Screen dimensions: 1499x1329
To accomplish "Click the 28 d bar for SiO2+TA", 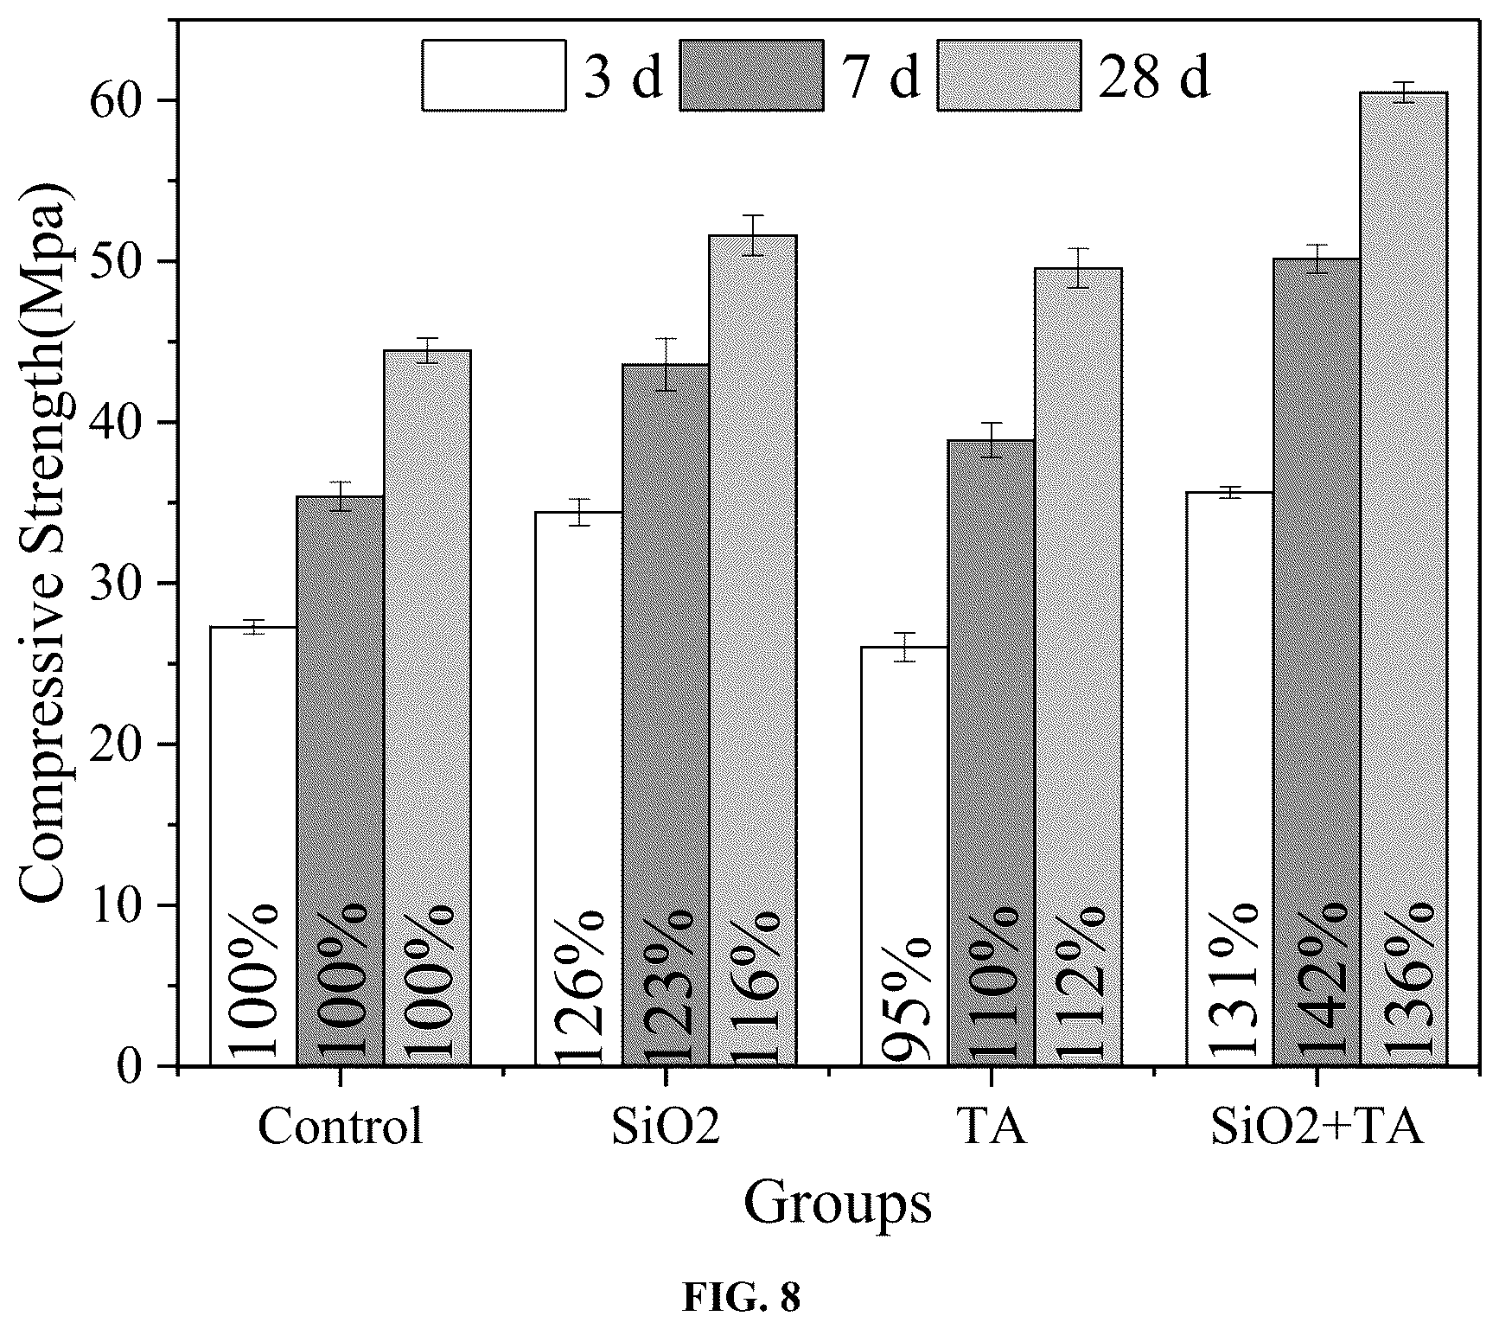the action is click(x=1403, y=578).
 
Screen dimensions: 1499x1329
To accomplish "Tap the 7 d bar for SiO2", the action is click(x=666, y=715).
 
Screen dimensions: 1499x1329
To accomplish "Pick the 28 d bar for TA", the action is click(x=1078, y=667).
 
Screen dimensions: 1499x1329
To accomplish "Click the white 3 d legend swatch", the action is click(x=494, y=74).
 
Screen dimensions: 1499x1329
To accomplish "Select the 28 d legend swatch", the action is click(x=1009, y=74).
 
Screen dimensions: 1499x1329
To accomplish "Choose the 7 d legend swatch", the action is click(x=751, y=74).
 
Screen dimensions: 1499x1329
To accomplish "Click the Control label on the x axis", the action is click(x=341, y=1127).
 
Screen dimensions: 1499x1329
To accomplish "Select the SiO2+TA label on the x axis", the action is click(x=1317, y=1127).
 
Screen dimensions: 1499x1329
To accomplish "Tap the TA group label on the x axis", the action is click(x=992, y=1127).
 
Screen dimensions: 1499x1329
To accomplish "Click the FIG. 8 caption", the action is click(x=743, y=1297).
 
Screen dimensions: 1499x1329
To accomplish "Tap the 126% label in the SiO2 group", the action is click(x=578, y=983).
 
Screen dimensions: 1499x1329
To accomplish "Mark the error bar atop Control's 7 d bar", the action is click(x=341, y=496).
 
